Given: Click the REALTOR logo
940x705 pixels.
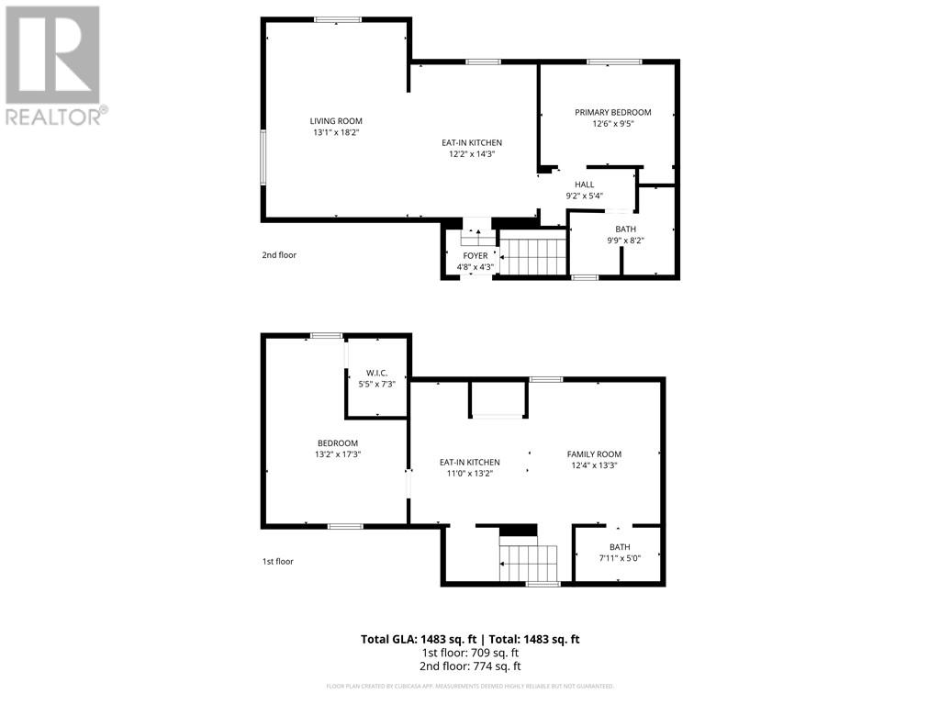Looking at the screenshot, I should tap(53, 64).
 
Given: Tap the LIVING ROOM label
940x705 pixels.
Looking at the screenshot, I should tap(336, 120).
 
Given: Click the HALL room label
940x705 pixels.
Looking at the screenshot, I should tap(584, 185).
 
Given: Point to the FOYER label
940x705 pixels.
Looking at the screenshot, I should tap(475, 255).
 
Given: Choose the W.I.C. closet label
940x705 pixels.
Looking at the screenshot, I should tap(376, 373).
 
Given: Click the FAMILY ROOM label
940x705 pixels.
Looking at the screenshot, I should tap(594, 453).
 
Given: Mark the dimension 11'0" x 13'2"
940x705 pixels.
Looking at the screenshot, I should tap(469, 474).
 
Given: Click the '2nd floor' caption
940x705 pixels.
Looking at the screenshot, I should tap(279, 255).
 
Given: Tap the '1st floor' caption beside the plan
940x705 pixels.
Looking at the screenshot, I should tap(277, 561).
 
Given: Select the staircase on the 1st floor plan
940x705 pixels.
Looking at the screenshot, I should tap(529, 561).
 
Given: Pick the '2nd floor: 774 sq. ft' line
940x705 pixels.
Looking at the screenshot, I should tap(469, 666).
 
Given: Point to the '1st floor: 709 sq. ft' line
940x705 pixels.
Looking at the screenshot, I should tap(469, 653).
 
